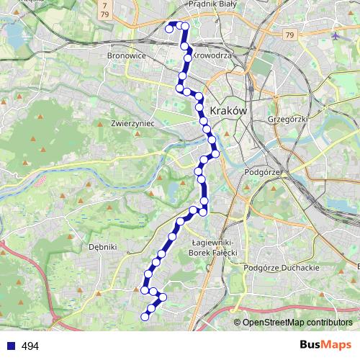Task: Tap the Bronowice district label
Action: click(x=127, y=55)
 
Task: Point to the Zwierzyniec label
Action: click(x=130, y=123)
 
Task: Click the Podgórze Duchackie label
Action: click(x=282, y=267)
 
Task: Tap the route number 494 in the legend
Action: click(x=30, y=346)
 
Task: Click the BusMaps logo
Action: click(x=325, y=346)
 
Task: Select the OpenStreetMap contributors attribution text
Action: click(x=297, y=323)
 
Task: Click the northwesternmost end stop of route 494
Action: click(x=170, y=29)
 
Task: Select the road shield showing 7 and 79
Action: click(x=106, y=9)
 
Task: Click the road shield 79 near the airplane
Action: click(x=289, y=35)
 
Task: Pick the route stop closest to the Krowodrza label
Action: click(x=188, y=58)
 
